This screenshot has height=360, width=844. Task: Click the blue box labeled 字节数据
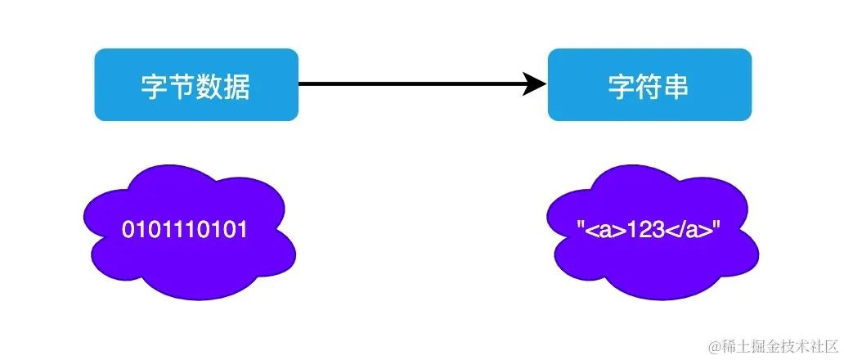point(196,84)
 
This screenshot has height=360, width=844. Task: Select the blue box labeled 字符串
point(649,84)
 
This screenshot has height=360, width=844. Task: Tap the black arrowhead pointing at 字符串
point(536,83)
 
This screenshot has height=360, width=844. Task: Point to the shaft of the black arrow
point(409,83)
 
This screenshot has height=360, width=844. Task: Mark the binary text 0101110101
point(185,231)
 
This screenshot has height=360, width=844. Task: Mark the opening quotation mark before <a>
point(581,227)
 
